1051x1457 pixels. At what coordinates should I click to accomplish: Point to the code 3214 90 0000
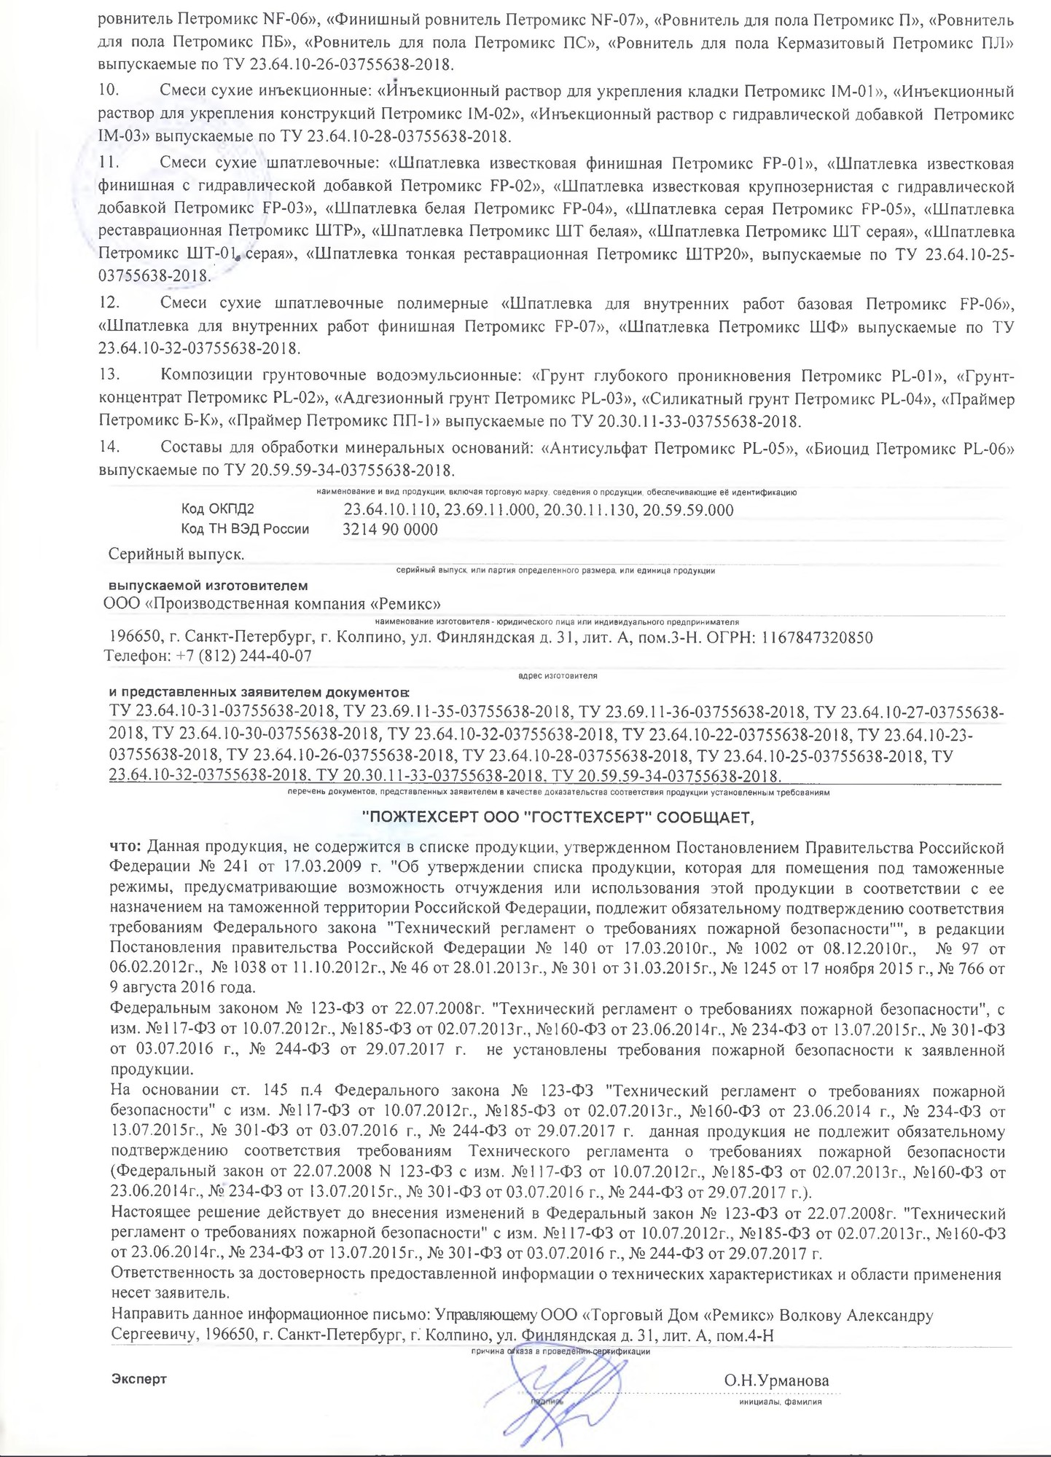pyautogui.click(x=390, y=530)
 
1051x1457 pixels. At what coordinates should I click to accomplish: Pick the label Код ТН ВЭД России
pyautogui.click(x=245, y=530)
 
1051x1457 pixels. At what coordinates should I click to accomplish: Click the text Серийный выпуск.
pyautogui.click(x=176, y=554)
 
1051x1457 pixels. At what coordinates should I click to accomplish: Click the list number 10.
pyautogui.click(x=108, y=92)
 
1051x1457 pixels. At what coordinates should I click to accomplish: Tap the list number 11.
pyautogui.click(x=107, y=162)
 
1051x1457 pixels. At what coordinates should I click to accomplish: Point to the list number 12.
pyautogui.click(x=108, y=302)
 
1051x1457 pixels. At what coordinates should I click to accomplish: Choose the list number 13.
pyautogui.click(x=108, y=376)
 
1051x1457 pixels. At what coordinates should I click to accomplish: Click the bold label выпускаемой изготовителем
pyautogui.click(x=208, y=586)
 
